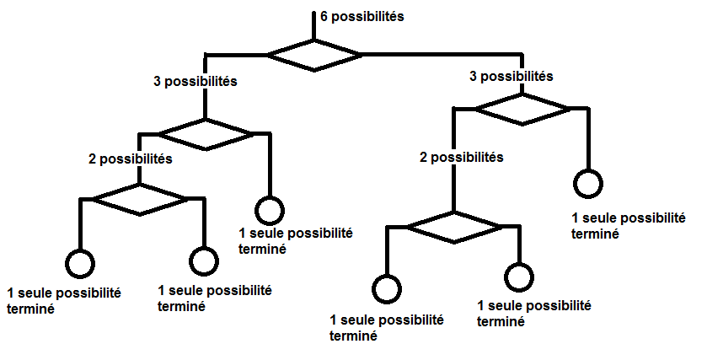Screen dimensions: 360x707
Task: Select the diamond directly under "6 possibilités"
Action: click(x=314, y=55)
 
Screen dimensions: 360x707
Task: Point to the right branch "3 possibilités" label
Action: click(x=511, y=77)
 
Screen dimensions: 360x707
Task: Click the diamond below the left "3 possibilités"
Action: click(x=206, y=134)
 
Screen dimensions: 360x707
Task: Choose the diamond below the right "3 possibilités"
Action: click(x=522, y=109)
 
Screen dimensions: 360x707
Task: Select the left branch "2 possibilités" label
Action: click(x=131, y=158)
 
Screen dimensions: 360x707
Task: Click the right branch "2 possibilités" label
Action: click(x=462, y=157)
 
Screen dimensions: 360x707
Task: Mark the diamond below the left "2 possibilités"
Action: click(x=139, y=199)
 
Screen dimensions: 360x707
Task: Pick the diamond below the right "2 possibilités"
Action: click(x=455, y=227)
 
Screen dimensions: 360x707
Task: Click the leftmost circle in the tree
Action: click(x=81, y=264)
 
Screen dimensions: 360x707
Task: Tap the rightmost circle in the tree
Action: click(x=588, y=183)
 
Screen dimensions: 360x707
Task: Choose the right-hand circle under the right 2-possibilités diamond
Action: click(x=519, y=275)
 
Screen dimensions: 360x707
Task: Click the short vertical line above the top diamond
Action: click(x=314, y=25)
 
